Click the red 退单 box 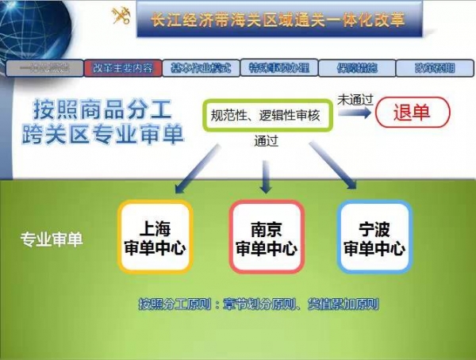412,112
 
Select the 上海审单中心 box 155,236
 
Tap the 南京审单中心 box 266,236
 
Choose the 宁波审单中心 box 374,236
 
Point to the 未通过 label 355,99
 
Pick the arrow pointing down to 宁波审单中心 341,172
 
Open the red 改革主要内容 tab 123,68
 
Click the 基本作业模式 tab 202,68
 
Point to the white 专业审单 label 52,238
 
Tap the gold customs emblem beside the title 121,17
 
